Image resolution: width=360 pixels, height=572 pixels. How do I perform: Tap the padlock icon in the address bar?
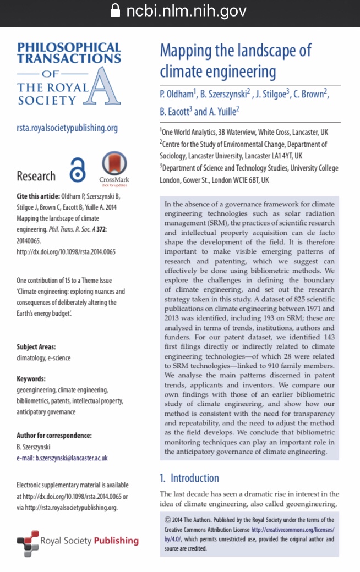point(115,11)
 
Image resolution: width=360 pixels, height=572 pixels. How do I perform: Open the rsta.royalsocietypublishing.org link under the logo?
point(67,128)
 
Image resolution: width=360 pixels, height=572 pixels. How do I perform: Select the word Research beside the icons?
point(36,176)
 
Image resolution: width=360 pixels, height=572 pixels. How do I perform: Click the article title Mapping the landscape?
point(235,61)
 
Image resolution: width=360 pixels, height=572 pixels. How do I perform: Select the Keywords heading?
point(31,379)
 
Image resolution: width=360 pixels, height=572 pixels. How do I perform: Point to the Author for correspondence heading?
point(54,436)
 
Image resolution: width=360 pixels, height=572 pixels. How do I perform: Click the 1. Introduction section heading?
point(189,477)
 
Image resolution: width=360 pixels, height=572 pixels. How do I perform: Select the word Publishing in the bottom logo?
point(116,541)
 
